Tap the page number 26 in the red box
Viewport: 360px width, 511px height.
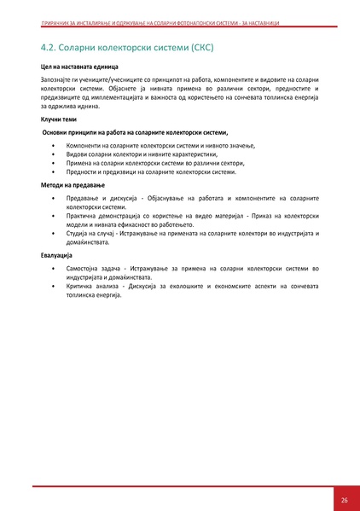pos(344,499)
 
